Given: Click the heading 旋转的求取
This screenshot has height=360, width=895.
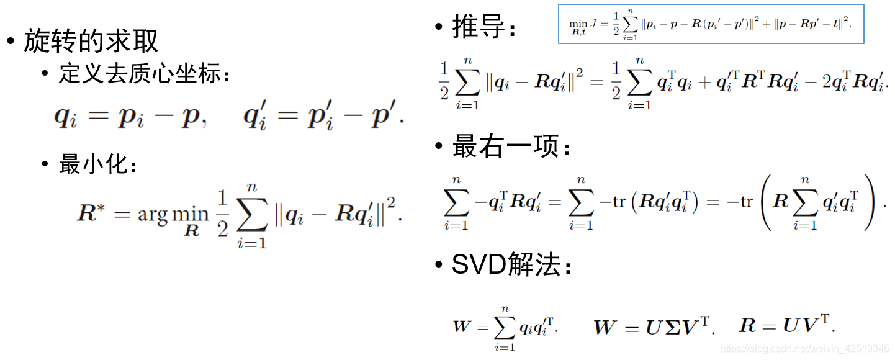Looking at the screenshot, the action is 91,42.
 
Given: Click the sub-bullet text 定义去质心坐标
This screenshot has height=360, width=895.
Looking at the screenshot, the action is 140,75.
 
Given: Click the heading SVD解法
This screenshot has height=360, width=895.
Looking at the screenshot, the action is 505,266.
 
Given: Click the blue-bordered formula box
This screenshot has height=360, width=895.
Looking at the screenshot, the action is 711,24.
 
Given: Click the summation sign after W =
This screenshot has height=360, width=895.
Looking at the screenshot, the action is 505,326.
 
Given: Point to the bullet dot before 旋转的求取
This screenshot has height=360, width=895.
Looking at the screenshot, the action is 10,42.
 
